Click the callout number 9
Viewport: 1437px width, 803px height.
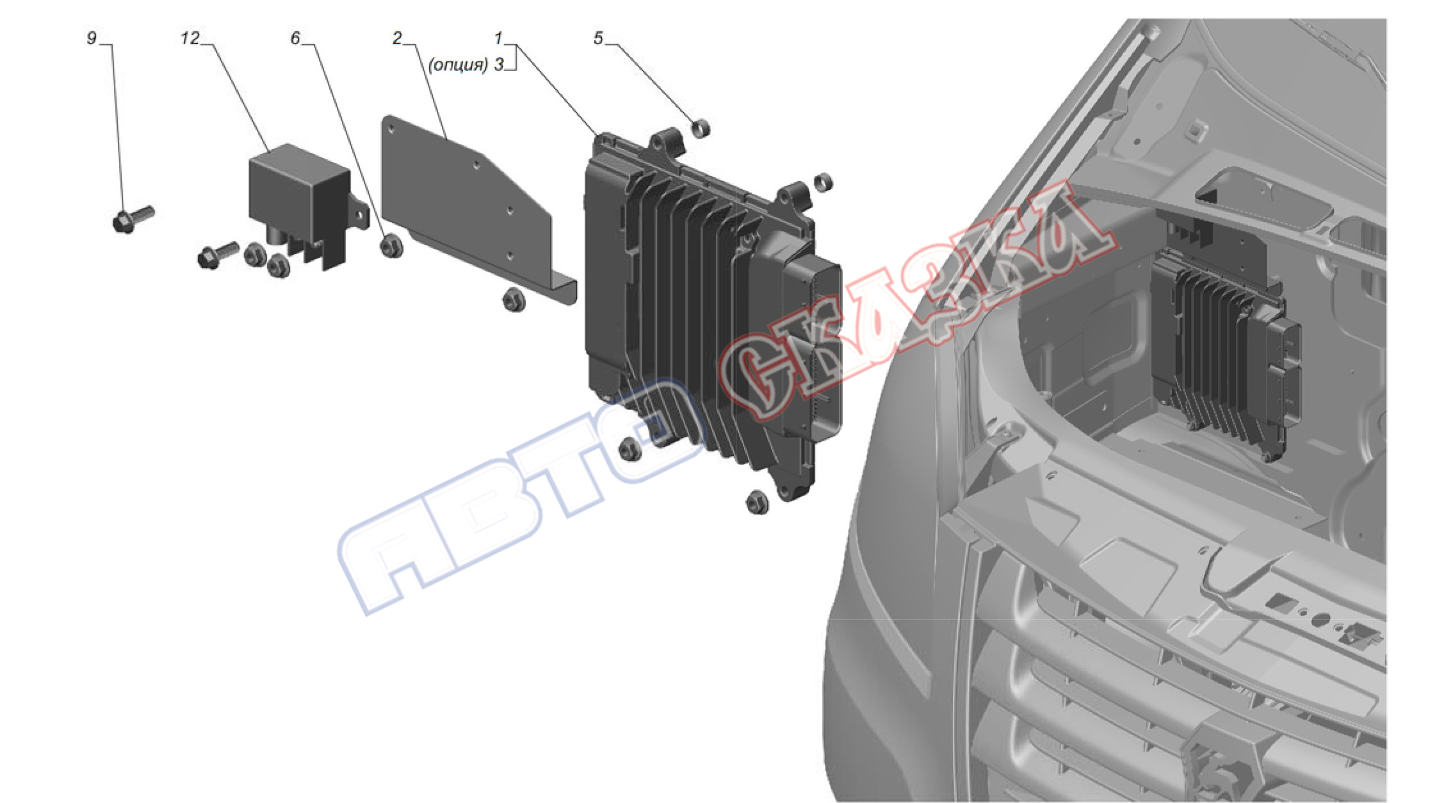click(x=92, y=38)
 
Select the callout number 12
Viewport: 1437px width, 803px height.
click(x=190, y=38)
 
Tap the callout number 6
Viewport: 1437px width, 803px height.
click(x=295, y=38)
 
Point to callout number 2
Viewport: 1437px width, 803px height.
click(x=397, y=38)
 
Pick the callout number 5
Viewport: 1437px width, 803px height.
click(x=598, y=38)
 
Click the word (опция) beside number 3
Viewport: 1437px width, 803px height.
click(x=458, y=65)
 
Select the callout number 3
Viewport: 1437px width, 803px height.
click(x=498, y=65)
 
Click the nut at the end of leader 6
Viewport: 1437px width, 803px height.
click(x=391, y=246)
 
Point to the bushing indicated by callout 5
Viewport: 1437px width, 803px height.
click(x=702, y=128)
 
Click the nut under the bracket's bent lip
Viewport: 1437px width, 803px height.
click(x=514, y=299)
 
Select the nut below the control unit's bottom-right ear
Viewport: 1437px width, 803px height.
click(x=758, y=502)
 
